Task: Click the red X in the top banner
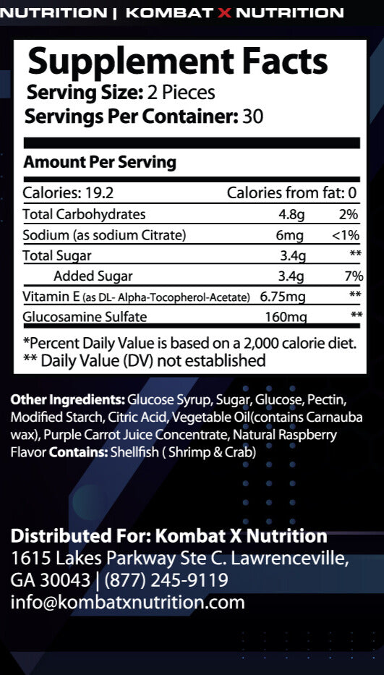(x=223, y=13)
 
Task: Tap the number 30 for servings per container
(x=253, y=116)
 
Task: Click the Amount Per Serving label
(x=100, y=162)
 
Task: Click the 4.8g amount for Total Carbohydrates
(x=292, y=214)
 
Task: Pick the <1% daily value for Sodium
(x=346, y=235)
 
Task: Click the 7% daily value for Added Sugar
(x=354, y=276)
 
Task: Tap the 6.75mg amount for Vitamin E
(x=283, y=297)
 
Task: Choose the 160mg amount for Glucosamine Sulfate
(x=286, y=317)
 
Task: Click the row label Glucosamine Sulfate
(x=85, y=317)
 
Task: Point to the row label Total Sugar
(x=57, y=255)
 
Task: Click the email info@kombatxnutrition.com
(x=127, y=602)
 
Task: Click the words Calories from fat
(x=286, y=193)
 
